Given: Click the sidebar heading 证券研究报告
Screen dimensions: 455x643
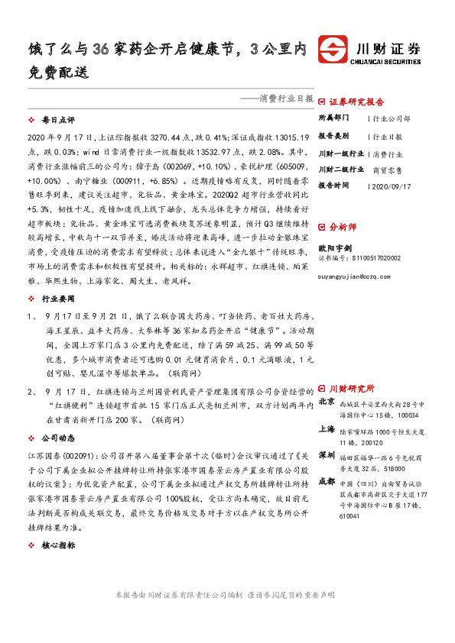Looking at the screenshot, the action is coord(356,102).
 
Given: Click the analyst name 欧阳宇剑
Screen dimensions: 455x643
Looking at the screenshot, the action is coord(336,246).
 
